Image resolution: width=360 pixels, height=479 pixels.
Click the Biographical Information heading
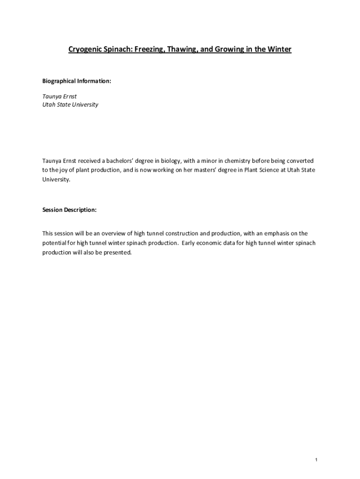77,81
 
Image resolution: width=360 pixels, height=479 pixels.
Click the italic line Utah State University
70,105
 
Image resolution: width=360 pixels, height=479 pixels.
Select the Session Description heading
69,210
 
